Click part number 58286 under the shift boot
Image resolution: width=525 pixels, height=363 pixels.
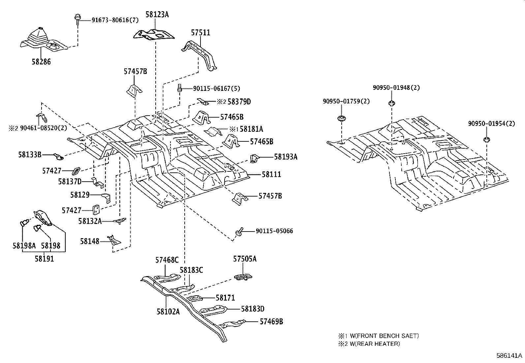pyautogui.click(x=41, y=61)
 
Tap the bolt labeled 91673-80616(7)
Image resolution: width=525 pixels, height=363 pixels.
pyautogui.click(x=77, y=19)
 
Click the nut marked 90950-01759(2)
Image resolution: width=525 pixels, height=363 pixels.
pyautogui.click(x=341, y=118)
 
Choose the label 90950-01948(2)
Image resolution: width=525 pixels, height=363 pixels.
pyautogui.click(x=396, y=88)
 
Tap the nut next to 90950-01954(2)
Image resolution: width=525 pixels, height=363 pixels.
pyautogui.click(x=486, y=139)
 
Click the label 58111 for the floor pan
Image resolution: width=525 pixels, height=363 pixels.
pyautogui.click(x=271, y=174)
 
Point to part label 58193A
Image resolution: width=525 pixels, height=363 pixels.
pyautogui.click(x=286, y=157)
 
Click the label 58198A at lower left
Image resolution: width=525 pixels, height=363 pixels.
pyautogui.click(x=24, y=245)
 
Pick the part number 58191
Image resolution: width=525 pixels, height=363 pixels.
pyautogui.click(x=44, y=259)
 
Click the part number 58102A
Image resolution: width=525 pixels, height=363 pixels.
pyautogui.click(x=168, y=311)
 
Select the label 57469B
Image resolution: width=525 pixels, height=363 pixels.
pyautogui.click(x=271, y=321)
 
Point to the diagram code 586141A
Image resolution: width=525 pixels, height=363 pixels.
pyautogui.click(x=510, y=356)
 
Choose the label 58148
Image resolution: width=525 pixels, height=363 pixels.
pyautogui.click(x=89, y=241)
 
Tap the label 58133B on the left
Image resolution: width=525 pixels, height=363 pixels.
pyautogui.click(x=30, y=154)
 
